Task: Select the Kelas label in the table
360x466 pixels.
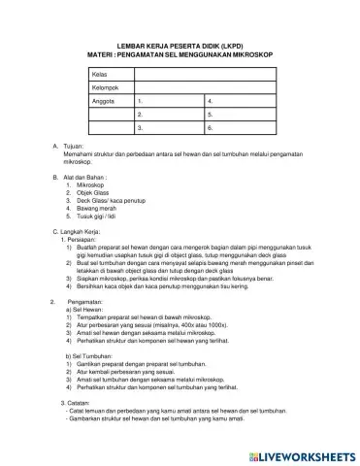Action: [99, 74]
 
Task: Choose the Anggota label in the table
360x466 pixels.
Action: [104, 101]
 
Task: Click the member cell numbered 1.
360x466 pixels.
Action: [170, 101]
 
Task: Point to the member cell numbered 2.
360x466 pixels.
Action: [170, 114]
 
